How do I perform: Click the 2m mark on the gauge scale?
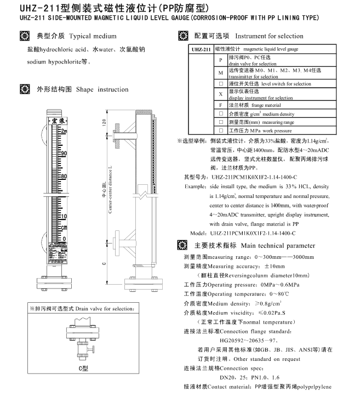click(x=63, y=131)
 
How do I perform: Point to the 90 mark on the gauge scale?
click(x=63, y=154)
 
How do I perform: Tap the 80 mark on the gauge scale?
click(x=63, y=176)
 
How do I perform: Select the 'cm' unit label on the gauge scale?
click(x=64, y=227)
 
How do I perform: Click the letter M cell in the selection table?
click(x=220, y=72)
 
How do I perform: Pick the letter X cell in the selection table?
click(x=220, y=94)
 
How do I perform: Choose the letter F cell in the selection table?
click(x=220, y=105)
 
